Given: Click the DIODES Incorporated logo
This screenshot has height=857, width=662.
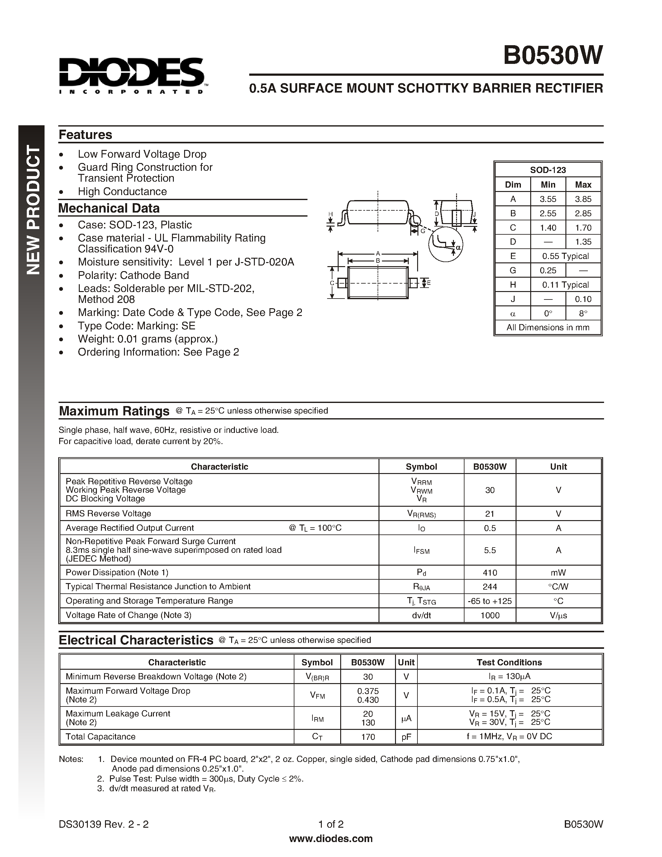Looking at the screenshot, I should coord(132,76).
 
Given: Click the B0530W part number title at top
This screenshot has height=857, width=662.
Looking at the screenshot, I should coord(553,55).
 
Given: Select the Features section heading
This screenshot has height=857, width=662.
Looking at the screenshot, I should coord(85,135).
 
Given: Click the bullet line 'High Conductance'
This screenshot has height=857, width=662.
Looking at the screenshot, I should coord(122,191).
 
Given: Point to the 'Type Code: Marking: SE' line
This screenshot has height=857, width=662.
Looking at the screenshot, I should coord(136,326).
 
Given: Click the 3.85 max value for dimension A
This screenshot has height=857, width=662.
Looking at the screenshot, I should coord(583,199).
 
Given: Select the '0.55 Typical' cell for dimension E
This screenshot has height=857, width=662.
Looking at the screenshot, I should coord(565,256).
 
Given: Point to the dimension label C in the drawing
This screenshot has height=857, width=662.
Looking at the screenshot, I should coord(332,283).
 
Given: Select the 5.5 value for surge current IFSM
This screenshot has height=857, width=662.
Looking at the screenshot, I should coord(489,550).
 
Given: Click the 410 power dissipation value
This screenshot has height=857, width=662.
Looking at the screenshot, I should coord(489,572).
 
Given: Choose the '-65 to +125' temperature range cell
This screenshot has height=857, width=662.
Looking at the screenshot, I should coord(489,601).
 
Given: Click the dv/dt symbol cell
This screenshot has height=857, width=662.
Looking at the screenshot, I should coord(421,615).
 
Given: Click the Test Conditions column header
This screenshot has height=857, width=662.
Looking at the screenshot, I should coord(509,662).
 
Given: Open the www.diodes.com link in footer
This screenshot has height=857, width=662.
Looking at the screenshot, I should coord(331,839).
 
